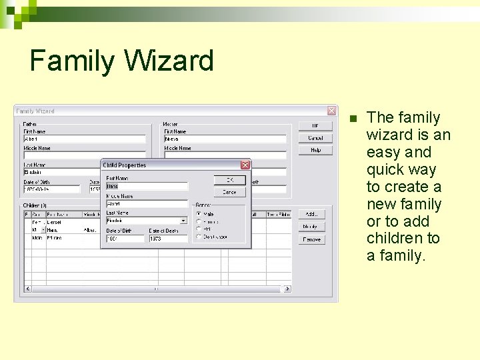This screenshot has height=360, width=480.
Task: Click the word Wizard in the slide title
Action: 169,61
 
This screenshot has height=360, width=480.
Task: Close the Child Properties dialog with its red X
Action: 245,165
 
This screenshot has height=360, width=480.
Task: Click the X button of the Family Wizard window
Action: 331,111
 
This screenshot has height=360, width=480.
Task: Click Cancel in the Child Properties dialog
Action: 229,192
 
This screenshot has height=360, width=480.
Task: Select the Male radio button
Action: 198,213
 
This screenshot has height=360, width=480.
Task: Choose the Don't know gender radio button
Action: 198,237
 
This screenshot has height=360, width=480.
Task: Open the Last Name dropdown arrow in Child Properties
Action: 184,220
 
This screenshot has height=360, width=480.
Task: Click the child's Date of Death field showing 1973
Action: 167,238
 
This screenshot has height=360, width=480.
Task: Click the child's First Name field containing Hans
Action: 147,186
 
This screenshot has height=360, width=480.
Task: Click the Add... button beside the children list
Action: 311,215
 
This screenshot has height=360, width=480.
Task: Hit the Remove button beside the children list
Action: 311,239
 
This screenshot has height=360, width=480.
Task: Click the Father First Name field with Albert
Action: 84,139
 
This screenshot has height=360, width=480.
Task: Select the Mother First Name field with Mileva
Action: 225,139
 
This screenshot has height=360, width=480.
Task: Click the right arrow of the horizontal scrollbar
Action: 287,289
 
